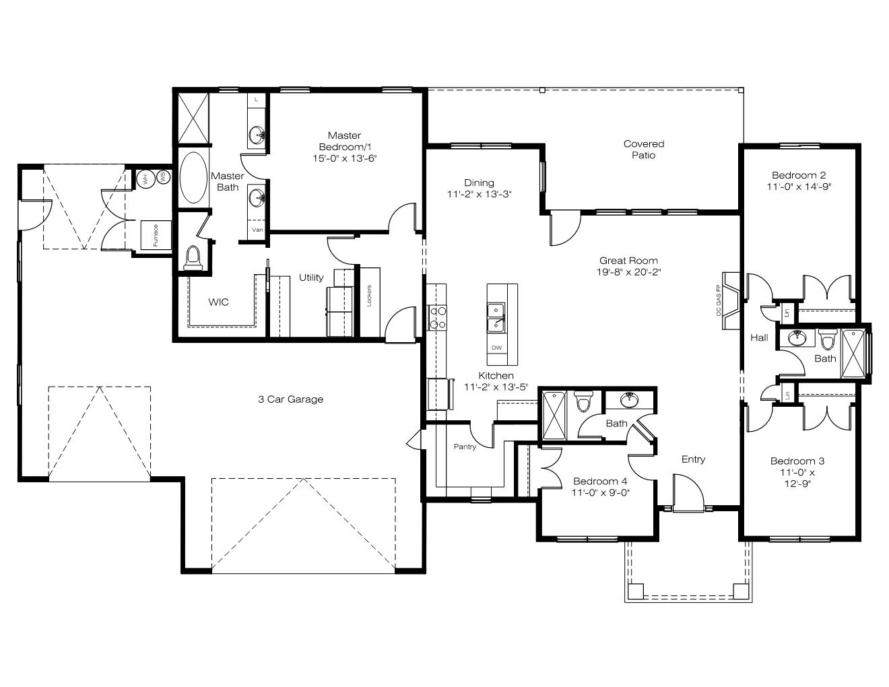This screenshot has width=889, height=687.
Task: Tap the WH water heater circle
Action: pyautogui.click(x=145, y=178)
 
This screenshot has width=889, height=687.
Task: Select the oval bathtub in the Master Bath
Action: pyautogui.click(x=193, y=178)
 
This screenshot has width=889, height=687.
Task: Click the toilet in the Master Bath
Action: pyautogui.click(x=193, y=258)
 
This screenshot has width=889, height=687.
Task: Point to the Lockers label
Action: pyautogui.click(x=369, y=296)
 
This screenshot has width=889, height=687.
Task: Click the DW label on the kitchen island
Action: pyautogui.click(x=496, y=348)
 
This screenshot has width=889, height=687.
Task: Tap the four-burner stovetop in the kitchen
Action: pyautogui.click(x=437, y=317)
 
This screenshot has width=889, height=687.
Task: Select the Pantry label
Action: pyautogui.click(x=465, y=447)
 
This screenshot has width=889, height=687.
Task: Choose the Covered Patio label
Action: pyautogui.click(x=644, y=150)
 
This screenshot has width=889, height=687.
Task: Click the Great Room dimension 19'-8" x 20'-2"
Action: pyautogui.click(x=629, y=272)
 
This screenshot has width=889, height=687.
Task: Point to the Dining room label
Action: pyautogui.click(x=479, y=183)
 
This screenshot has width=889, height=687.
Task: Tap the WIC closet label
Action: pyautogui.click(x=218, y=302)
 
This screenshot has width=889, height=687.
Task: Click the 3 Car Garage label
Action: pyautogui.click(x=290, y=399)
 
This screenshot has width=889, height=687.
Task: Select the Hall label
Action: pyautogui.click(x=759, y=337)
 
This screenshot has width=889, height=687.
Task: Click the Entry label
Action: pyautogui.click(x=693, y=459)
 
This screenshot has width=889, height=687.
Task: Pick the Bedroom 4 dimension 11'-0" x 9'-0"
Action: pyautogui.click(x=600, y=492)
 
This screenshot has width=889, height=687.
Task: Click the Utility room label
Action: pyautogui.click(x=311, y=277)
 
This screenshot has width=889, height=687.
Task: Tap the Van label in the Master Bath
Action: pyautogui.click(x=257, y=230)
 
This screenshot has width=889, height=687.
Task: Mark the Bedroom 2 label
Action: pyautogui.click(x=799, y=175)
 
